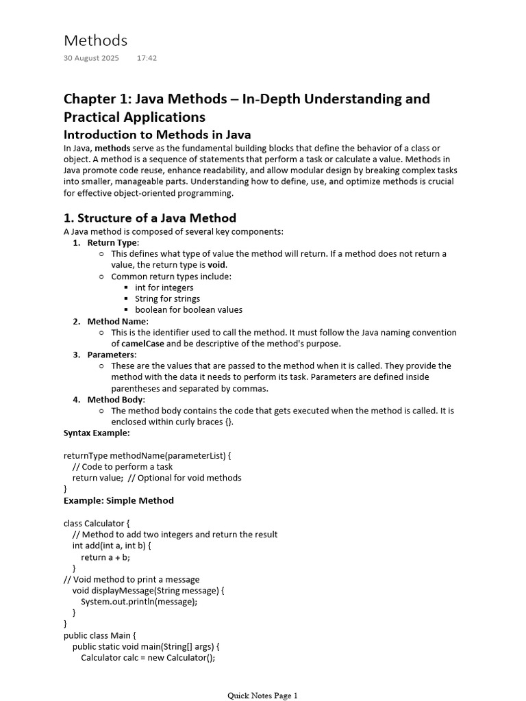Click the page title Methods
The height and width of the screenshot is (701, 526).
click(95, 40)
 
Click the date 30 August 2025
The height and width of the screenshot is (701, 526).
click(91, 58)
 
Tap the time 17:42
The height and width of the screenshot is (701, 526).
click(147, 58)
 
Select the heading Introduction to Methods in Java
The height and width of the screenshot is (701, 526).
click(157, 134)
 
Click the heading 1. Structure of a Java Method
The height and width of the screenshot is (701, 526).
click(149, 218)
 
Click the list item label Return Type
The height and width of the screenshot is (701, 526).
click(112, 242)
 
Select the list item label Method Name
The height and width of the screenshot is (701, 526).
click(116, 321)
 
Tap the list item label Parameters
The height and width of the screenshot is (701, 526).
click(111, 355)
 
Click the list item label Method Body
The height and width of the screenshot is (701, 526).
click(115, 400)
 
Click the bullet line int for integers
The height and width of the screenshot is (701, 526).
click(164, 288)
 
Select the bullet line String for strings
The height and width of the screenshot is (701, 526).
click(167, 298)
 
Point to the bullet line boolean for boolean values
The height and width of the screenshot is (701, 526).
click(188, 309)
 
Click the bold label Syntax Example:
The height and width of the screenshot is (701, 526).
click(97, 433)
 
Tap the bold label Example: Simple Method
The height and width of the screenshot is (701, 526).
click(118, 500)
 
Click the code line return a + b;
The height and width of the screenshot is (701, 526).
click(105, 557)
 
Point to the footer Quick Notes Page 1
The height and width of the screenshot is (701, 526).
click(263, 696)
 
